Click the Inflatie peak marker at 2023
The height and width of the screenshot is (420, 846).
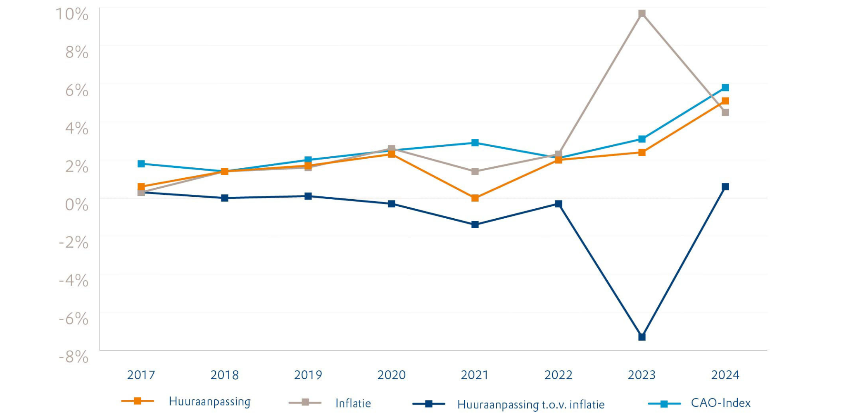(642, 14)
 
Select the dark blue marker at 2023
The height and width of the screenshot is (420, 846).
(642, 337)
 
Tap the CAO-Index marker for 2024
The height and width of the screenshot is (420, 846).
(725, 88)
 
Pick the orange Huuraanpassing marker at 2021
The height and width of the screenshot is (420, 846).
(475, 198)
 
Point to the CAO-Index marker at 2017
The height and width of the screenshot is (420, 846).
(141, 164)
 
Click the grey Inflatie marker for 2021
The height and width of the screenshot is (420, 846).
(475, 171)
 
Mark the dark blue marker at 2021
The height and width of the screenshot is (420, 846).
(475, 224)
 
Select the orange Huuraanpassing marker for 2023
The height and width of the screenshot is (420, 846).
(642, 153)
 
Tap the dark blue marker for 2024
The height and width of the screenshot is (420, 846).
(725, 187)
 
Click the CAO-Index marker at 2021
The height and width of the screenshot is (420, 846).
(475, 143)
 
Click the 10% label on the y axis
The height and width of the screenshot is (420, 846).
(72, 14)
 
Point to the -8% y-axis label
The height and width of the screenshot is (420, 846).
(74, 357)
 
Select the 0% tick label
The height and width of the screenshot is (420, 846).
(77, 205)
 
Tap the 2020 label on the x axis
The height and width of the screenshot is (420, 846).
(391, 375)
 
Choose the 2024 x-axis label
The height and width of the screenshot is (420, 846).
(725, 375)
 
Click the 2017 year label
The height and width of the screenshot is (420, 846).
(141, 375)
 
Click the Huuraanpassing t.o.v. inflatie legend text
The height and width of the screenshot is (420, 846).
(530, 404)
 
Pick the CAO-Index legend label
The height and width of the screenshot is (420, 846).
(720, 403)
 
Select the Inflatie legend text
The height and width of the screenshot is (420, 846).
(353, 403)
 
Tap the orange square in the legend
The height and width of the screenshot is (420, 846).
(138, 401)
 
